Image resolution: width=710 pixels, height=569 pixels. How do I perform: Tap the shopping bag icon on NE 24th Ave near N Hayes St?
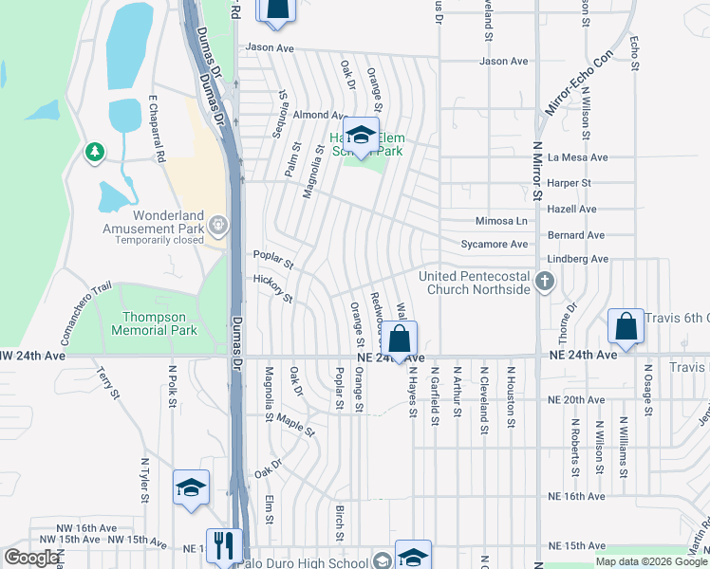[401, 339]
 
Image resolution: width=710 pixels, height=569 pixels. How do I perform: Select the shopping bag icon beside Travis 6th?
[626, 326]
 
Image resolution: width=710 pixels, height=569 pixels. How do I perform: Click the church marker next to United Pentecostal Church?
[544, 281]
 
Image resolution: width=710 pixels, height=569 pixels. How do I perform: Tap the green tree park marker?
[94, 152]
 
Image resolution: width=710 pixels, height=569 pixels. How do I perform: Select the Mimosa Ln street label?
[501, 221]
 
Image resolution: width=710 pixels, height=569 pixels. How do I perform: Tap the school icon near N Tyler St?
[191, 488]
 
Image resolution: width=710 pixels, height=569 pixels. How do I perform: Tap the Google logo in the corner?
[30, 558]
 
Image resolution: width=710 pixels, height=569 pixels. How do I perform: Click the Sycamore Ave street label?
[494, 245]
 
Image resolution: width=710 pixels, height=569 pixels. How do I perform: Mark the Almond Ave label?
[315, 115]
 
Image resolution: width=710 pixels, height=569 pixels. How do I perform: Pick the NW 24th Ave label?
[33, 357]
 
